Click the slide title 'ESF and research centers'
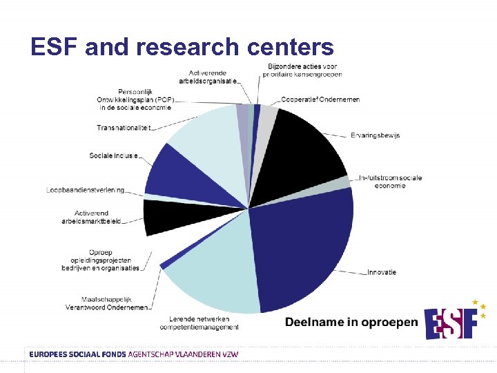pyautogui.click(x=182, y=47)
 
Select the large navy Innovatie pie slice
pyautogui.click(x=304, y=249)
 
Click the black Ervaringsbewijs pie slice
pyautogui.click(x=304, y=149)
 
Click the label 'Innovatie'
pyautogui.click(x=382, y=272)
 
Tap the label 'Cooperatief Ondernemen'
pyautogui.click(x=320, y=99)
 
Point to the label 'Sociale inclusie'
pyautogui.click(x=113, y=155)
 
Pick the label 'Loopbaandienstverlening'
pyautogui.click(x=86, y=190)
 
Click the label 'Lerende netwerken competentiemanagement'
pyautogui.click(x=204, y=323)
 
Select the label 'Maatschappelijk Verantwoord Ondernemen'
pyautogui.click(x=106, y=303)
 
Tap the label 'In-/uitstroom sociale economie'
pyautogui.click(x=389, y=181)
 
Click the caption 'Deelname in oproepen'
pyautogui.click(x=351, y=322)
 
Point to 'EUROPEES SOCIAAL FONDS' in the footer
pyautogui.click(x=77, y=354)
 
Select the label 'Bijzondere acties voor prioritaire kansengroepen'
pyautogui.click(x=304, y=70)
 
